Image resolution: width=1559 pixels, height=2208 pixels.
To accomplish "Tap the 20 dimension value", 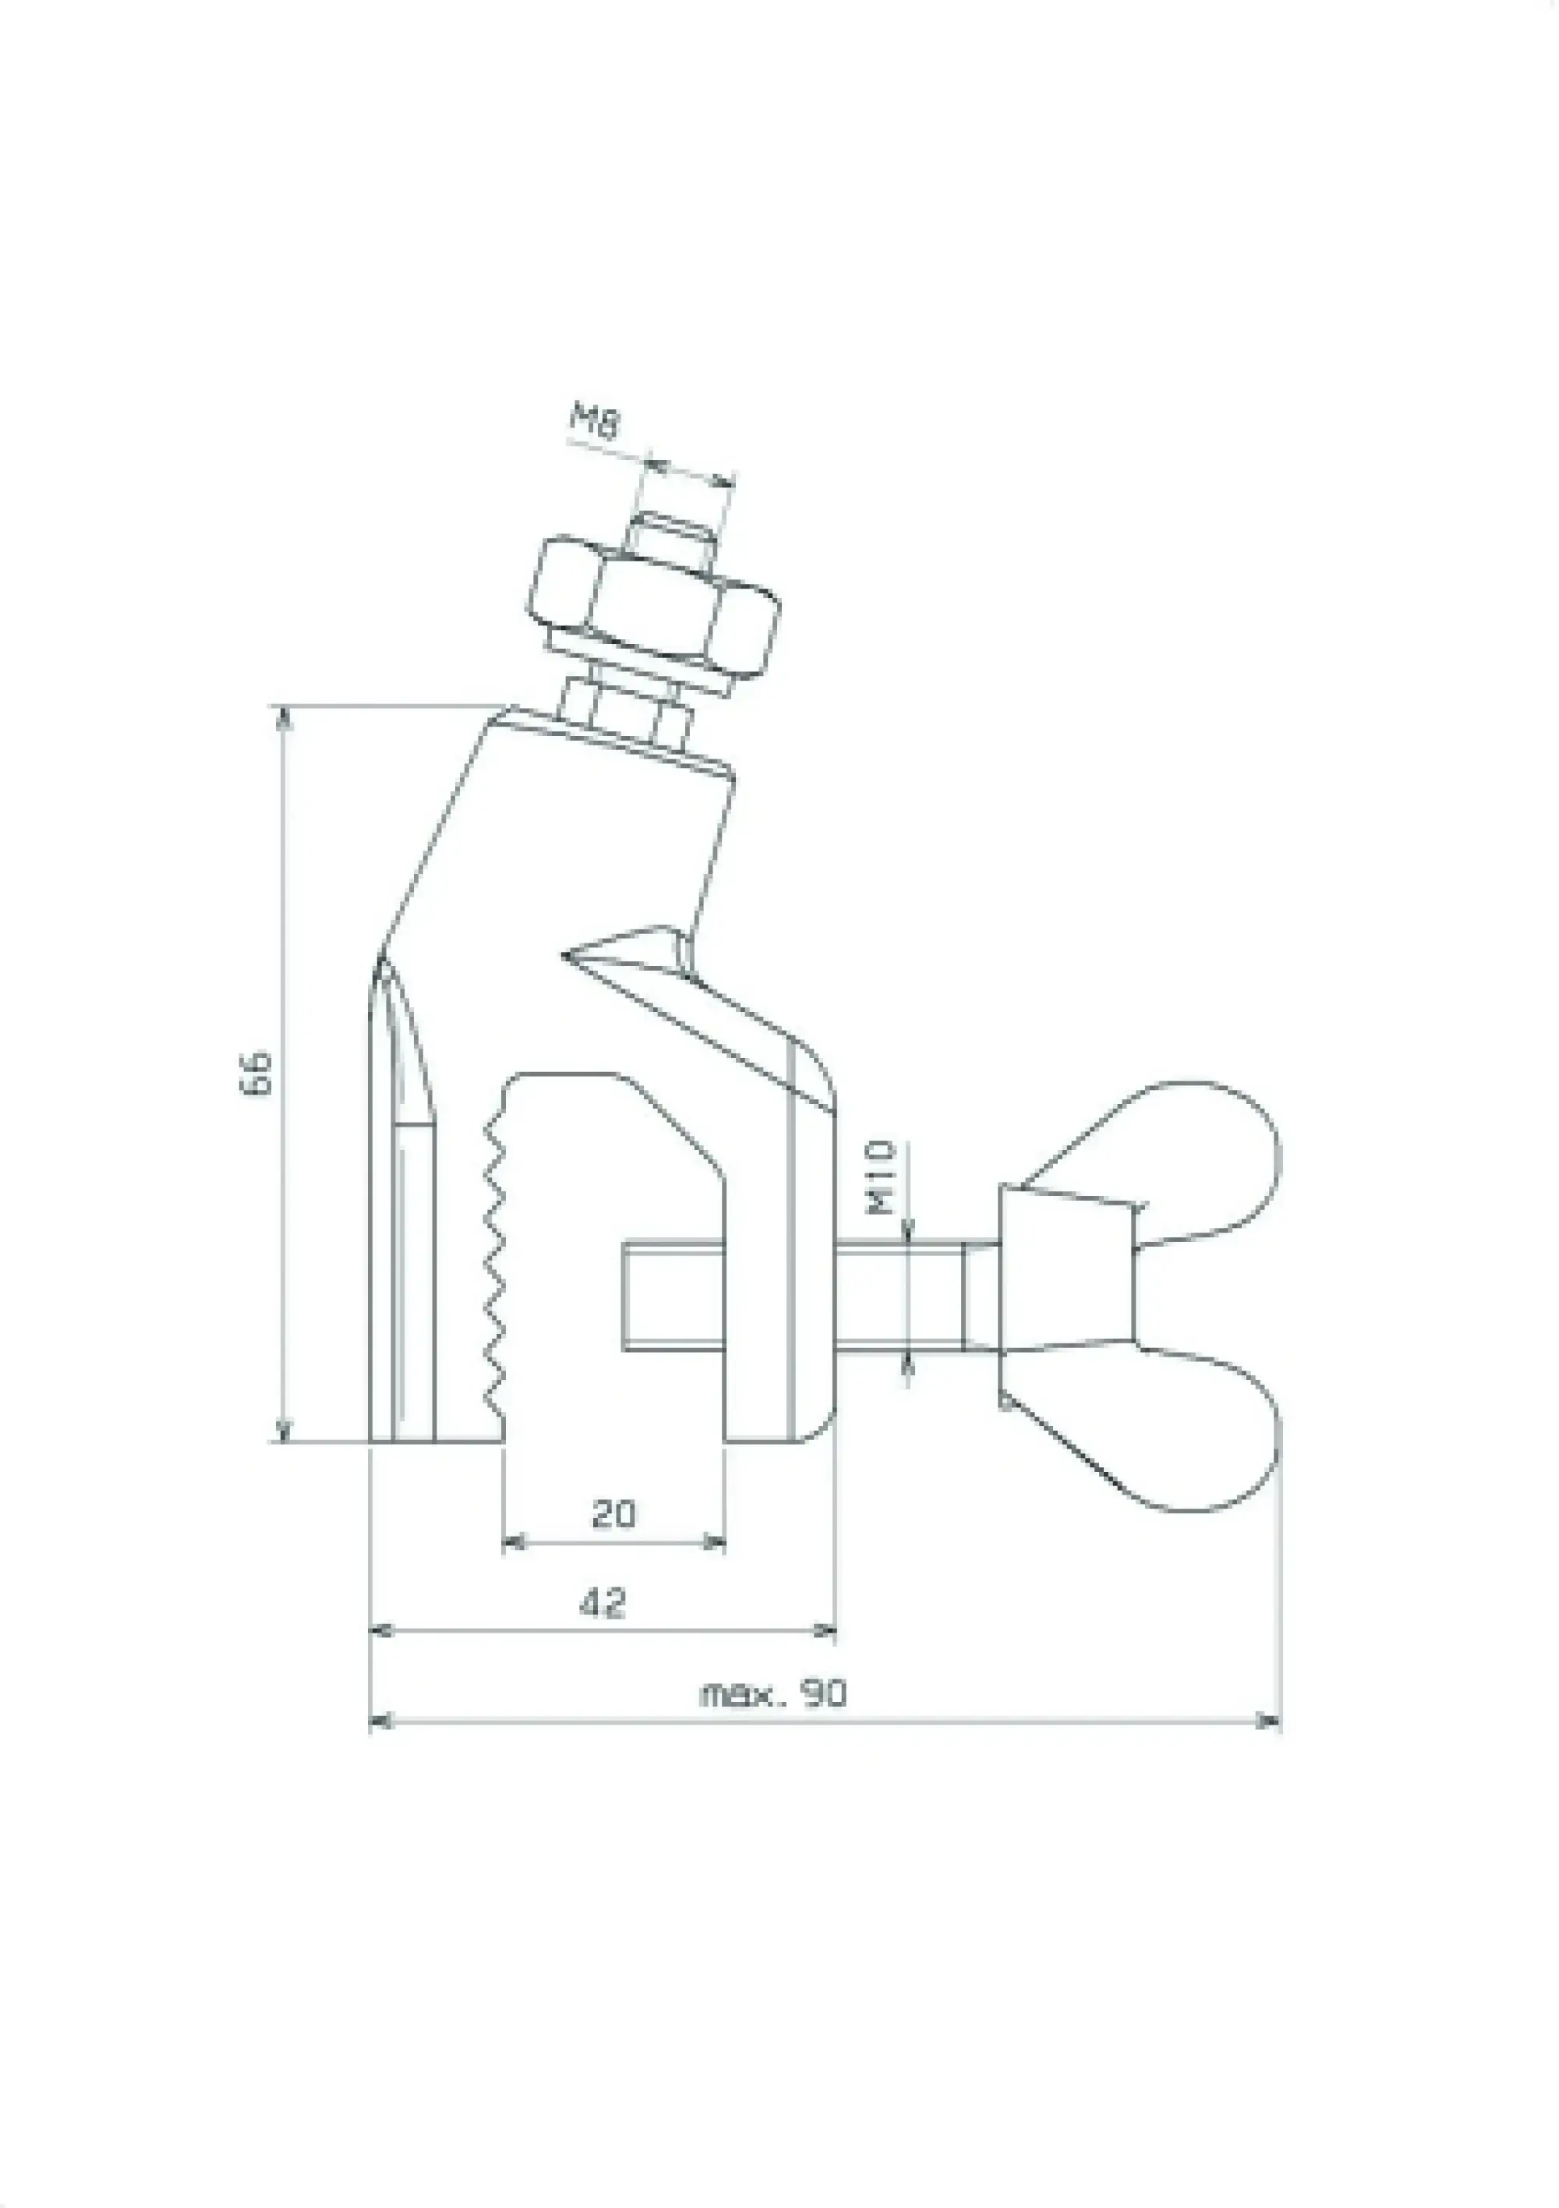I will tap(613, 1513).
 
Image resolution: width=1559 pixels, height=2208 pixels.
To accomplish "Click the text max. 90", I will tap(773, 1693).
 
